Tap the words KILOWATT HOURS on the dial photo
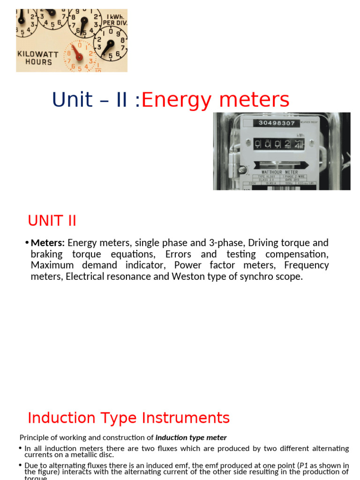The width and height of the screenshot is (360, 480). (38, 58)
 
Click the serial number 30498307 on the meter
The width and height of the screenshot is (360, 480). (277, 123)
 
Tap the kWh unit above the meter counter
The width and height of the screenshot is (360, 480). (300, 135)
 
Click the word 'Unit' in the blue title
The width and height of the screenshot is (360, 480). (72, 100)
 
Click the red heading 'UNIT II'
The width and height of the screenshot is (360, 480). (52, 220)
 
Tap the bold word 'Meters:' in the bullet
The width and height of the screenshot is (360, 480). (48, 243)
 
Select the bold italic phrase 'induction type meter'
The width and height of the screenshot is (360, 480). (191, 437)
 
